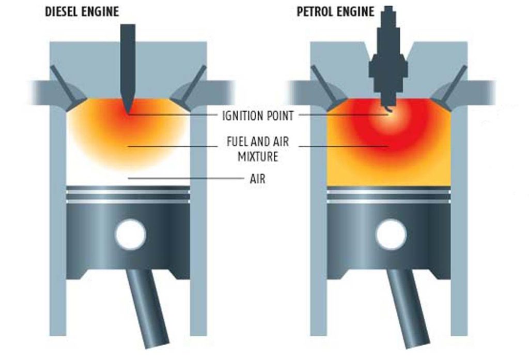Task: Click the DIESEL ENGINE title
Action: [82, 11]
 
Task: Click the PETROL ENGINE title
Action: [335, 11]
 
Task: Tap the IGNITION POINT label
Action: [258, 116]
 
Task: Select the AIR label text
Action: [257, 179]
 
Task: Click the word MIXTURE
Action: [258, 156]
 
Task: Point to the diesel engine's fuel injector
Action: [128, 68]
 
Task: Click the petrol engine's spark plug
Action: [388, 57]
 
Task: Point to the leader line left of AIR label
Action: [185, 178]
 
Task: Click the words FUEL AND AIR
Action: [258, 142]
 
